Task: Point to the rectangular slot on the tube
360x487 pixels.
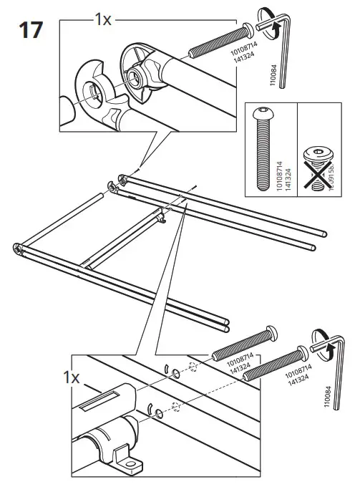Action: (97, 402)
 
